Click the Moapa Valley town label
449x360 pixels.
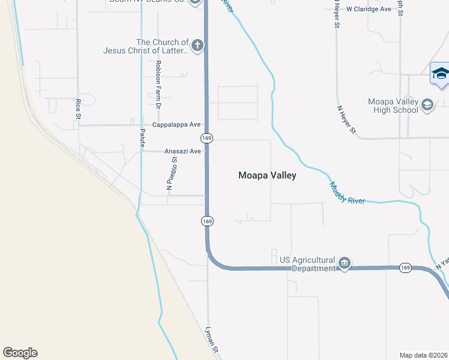[x=267, y=176]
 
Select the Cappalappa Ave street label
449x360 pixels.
[x=176, y=125]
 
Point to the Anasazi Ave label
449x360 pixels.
[x=182, y=152]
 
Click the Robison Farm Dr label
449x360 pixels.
[x=158, y=84]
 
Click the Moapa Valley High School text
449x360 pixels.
[x=393, y=106]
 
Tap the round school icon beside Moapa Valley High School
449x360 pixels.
[x=427, y=106]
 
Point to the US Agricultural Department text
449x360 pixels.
[x=307, y=264]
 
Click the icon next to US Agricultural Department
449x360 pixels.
[x=345, y=263]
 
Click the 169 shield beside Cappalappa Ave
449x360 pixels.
[x=207, y=138]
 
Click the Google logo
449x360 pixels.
[x=20, y=353]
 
